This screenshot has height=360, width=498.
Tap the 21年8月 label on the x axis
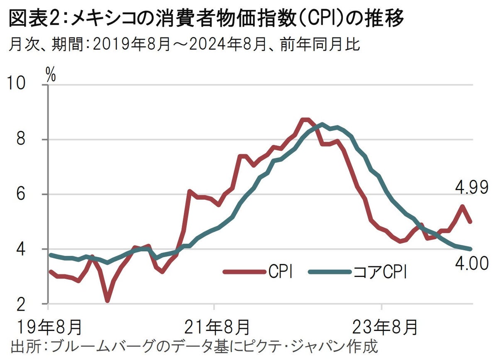tap(217, 326)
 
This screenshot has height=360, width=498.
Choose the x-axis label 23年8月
tap(384, 326)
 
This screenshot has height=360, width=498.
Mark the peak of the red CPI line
tap(305, 120)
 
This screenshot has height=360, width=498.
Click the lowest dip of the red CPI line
tap(107, 300)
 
